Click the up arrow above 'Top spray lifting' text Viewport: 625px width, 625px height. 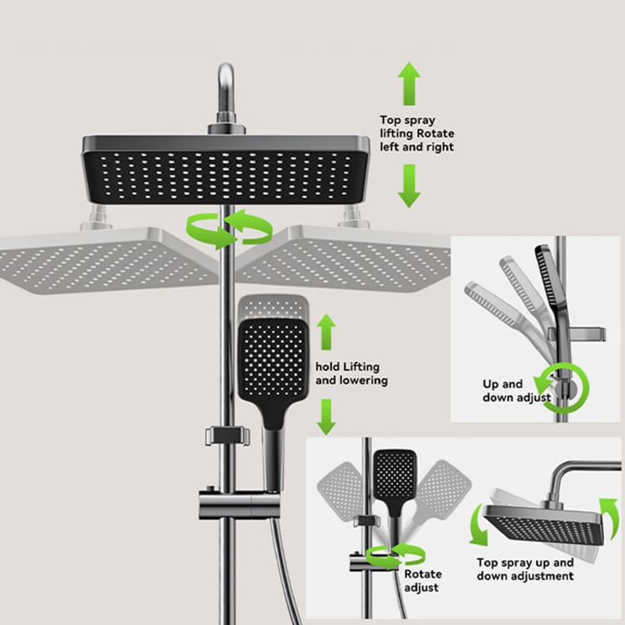[x=409, y=84]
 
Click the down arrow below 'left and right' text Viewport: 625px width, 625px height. [x=409, y=186]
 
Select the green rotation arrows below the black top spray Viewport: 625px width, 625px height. [x=229, y=229]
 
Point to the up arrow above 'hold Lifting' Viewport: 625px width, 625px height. [x=327, y=332]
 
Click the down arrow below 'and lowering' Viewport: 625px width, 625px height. [x=327, y=417]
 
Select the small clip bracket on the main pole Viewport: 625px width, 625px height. [x=227, y=436]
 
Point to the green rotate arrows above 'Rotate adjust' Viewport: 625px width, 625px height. [x=395, y=555]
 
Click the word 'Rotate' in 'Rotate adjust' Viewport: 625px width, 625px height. [x=423, y=574]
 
